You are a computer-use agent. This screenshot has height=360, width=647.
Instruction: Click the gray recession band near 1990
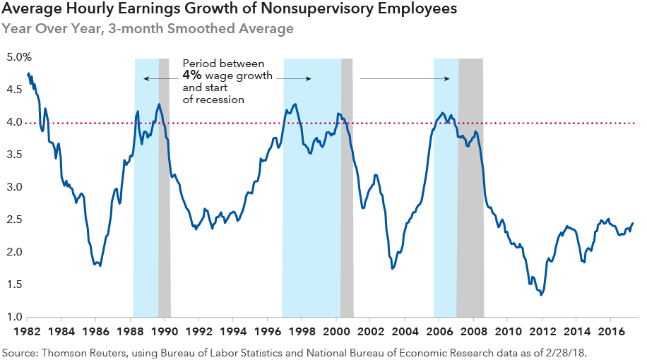[x=165, y=212]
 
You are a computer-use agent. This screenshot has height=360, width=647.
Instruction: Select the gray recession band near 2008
[x=470, y=212]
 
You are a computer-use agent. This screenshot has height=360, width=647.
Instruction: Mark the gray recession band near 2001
[x=347, y=212]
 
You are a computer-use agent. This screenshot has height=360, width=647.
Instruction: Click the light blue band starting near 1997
[x=311, y=212]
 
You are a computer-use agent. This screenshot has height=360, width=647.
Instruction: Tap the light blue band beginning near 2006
[x=445, y=212]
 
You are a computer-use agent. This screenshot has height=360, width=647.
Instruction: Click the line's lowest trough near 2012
[x=541, y=294]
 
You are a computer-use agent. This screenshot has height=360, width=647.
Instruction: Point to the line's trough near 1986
[x=100, y=265]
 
